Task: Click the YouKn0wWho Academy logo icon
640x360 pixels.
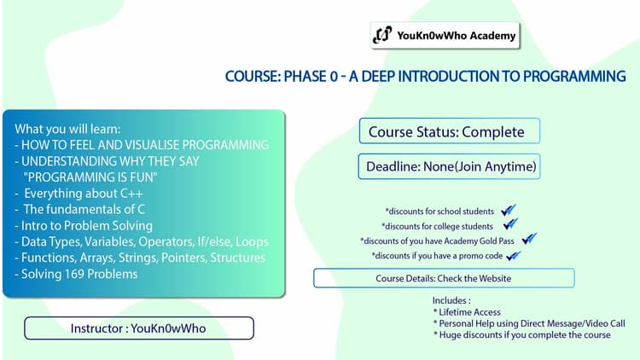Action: (x=382, y=36)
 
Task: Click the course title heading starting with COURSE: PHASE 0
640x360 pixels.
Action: (x=425, y=77)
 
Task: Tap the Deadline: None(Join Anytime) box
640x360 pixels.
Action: (x=451, y=166)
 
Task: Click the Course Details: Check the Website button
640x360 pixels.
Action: (x=444, y=278)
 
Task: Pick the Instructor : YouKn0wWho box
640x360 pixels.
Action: (x=139, y=328)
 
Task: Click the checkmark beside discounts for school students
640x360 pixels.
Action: (x=509, y=210)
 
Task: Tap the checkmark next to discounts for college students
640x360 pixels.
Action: (x=510, y=225)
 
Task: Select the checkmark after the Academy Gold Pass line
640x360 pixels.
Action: (x=529, y=240)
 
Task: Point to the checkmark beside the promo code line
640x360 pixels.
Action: (x=513, y=255)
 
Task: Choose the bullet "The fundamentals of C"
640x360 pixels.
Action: (x=82, y=209)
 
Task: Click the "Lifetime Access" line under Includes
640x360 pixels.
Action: (x=470, y=312)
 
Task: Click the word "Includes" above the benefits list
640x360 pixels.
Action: (x=451, y=300)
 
